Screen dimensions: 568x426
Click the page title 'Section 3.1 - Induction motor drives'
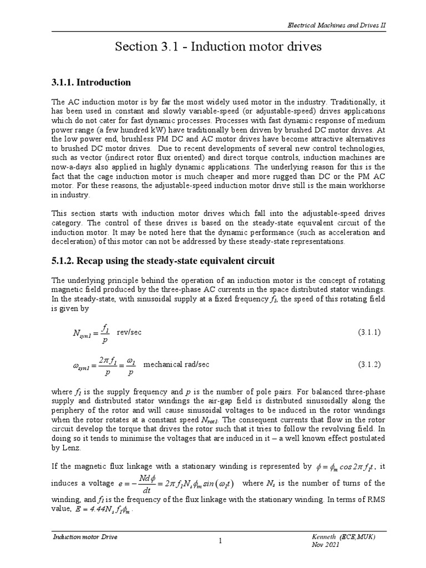(x=218, y=47)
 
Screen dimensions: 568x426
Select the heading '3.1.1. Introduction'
(x=91, y=83)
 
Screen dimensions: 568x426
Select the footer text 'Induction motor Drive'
(x=85, y=537)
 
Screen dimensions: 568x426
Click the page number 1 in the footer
(x=220, y=542)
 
